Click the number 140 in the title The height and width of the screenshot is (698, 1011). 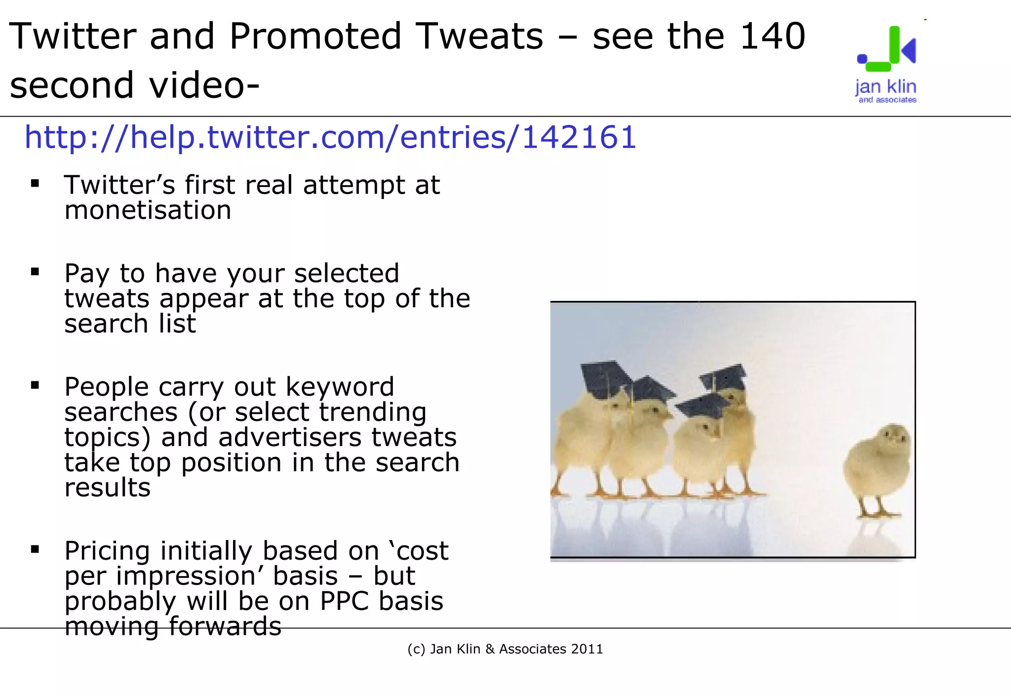point(773,37)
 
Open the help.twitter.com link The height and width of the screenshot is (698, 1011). point(330,137)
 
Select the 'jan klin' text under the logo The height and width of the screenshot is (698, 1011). point(886,87)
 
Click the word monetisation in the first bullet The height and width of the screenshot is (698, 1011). point(148,210)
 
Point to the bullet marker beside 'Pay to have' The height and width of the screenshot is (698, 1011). point(35,272)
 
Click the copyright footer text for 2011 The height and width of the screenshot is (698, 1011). point(505,649)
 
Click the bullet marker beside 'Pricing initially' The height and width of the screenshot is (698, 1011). point(35,549)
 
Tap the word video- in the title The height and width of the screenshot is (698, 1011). point(204,85)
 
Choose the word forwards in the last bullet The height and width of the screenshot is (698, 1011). point(225,626)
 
